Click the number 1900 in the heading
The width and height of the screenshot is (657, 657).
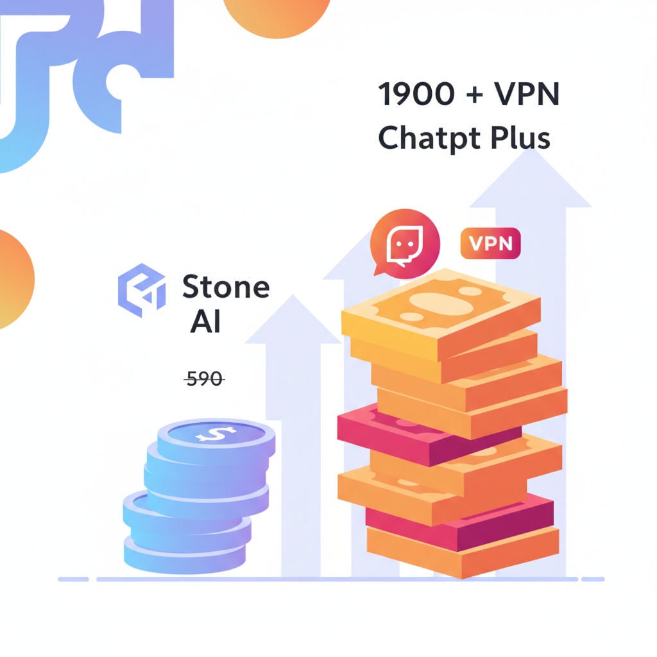[416, 94]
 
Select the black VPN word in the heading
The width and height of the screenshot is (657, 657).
[527, 94]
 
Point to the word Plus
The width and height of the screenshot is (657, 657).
[520, 137]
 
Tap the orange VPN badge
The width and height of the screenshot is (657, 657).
[490, 243]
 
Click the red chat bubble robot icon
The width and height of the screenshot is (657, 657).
[404, 244]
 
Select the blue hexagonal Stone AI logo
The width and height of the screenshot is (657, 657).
[142, 290]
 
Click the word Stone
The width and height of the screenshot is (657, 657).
[226, 287]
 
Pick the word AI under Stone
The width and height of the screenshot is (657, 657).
[205, 322]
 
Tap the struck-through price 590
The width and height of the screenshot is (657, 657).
[205, 379]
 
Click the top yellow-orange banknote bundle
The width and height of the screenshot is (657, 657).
[441, 314]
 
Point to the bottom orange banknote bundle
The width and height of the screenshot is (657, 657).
[463, 552]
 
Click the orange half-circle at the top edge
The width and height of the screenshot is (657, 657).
[277, 17]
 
